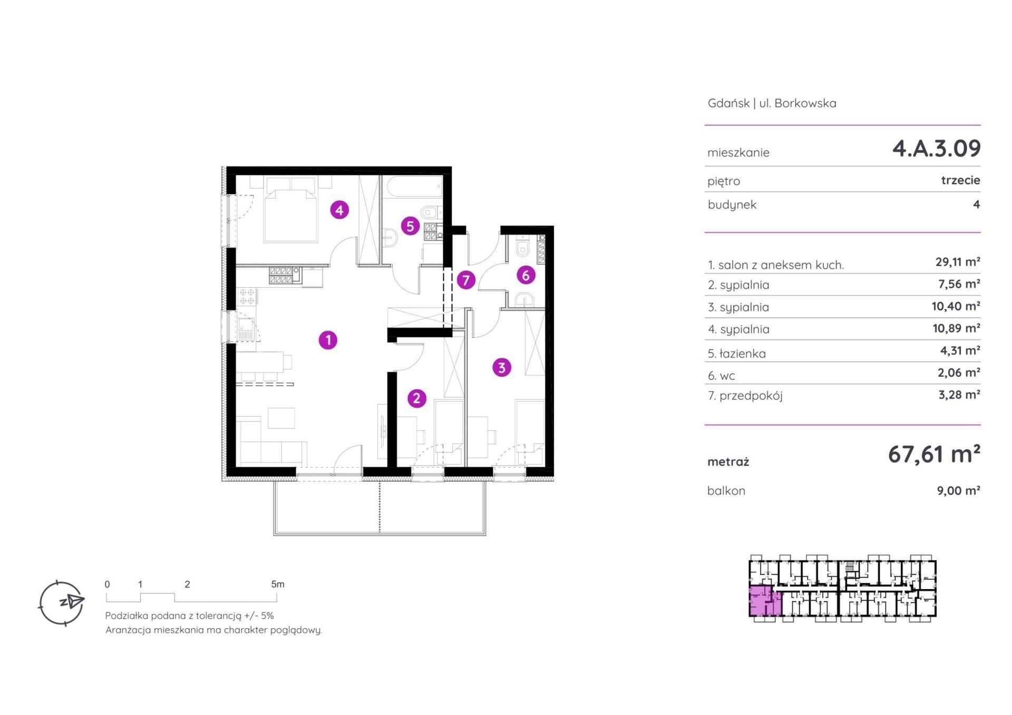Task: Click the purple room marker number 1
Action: (328, 340)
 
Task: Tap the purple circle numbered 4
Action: (339, 210)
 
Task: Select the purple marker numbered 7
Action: (465, 280)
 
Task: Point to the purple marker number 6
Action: (526, 275)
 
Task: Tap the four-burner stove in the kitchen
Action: (247, 297)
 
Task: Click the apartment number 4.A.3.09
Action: (936, 149)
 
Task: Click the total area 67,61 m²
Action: (934, 454)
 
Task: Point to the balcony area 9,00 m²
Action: (958, 491)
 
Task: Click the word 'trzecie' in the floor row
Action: (960, 180)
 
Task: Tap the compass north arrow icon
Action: (62, 603)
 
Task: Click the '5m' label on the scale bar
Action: (277, 584)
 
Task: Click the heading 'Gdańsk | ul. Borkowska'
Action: (772, 103)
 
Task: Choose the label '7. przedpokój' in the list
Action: (745, 396)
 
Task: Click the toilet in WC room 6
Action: (522, 247)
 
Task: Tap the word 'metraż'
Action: (728, 462)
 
